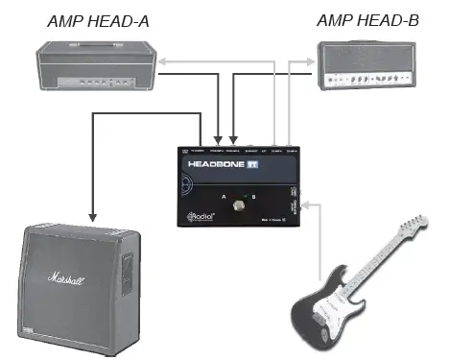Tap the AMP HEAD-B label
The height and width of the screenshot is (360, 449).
tap(360, 20)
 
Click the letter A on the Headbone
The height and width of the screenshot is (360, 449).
tap(224, 196)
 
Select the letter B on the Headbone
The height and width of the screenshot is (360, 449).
tap(254, 196)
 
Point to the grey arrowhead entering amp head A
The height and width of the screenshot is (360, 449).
tap(163, 60)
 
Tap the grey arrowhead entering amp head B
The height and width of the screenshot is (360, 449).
tap(315, 60)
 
